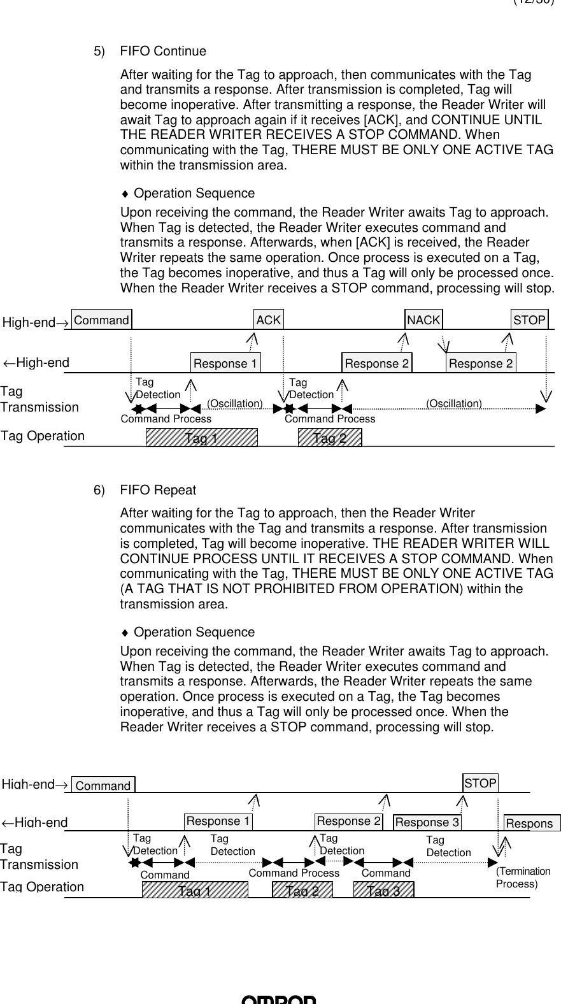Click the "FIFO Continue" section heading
pos(163,51)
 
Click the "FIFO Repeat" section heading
pos(158,490)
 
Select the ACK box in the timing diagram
pos(268,320)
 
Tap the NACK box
pos(423,320)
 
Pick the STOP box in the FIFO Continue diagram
pos(529,320)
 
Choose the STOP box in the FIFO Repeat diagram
pos(480,783)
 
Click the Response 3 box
pos(427,822)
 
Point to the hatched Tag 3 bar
pos(383,890)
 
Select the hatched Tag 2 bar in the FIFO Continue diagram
pos(330,438)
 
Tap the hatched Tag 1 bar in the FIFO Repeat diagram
pos(195,890)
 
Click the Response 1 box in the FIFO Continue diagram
pos(225,363)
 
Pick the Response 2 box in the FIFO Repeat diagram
pos(348,821)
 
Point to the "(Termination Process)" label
pos(523,877)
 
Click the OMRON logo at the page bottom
pos(279,1000)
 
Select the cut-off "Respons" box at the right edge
pos(531,824)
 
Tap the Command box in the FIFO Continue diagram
pos(101,320)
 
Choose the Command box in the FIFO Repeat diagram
pos(103,785)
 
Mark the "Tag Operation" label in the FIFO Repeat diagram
pos(42,887)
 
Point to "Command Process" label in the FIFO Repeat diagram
pos(294,873)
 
